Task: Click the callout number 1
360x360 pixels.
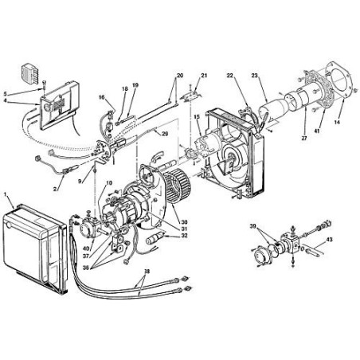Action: pyautogui.click(x=7, y=194)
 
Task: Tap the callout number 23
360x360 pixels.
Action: pyautogui.click(x=255, y=76)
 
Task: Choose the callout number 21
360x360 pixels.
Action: pyautogui.click(x=204, y=76)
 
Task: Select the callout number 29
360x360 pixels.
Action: pyautogui.click(x=164, y=134)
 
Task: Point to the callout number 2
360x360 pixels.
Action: pyautogui.click(x=56, y=188)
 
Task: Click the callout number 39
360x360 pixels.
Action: pyautogui.click(x=253, y=228)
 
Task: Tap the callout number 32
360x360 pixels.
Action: pyautogui.click(x=184, y=236)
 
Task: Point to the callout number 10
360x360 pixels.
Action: pyautogui.click(x=109, y=183)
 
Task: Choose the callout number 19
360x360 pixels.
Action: pyautogui.click(x=135, y=84)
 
